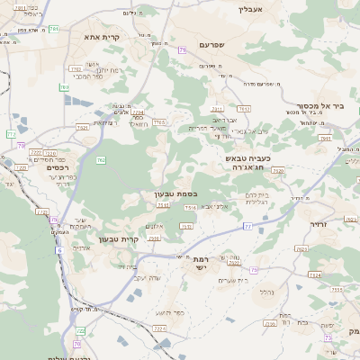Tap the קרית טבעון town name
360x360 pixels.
[x=114, y=240]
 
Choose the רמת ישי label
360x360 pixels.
[x=200, y=263]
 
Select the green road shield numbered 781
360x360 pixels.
[x=53, y=30]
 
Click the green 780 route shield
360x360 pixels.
[x=64, y=87]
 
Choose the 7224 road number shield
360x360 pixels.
[x=158, y=328]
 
